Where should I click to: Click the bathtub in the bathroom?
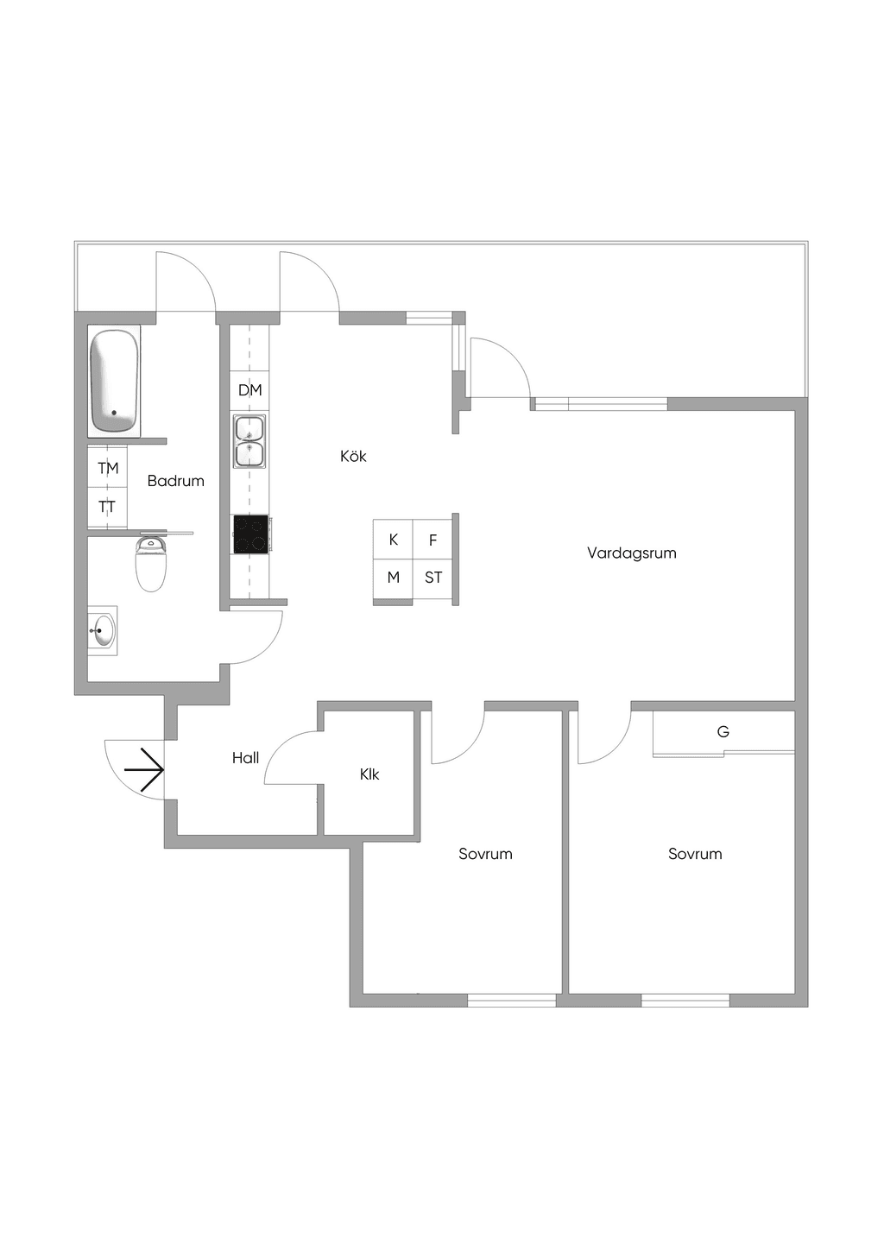coord(114,382)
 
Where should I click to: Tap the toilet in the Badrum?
coord(151,564)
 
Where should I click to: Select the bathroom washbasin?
coord(102,629)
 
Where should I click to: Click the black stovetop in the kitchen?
coord(250,534)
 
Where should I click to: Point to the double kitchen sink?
coord(249,440)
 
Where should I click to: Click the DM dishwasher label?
coord(250,390)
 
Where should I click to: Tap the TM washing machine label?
coord(108,468)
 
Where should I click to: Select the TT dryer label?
coord(107,507)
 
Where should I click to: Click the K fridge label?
coord(394,540)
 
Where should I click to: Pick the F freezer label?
coord(433,540)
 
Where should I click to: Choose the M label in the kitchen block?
coord(394,578)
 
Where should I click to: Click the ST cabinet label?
coord(433,578)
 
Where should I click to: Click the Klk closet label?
coord(369,774)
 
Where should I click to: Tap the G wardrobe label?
coord(723,731)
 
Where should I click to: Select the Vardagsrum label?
coord(632,553)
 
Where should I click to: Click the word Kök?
coord(353,456)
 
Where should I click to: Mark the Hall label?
coord(246,758)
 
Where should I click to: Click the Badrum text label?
coord(176,481)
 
